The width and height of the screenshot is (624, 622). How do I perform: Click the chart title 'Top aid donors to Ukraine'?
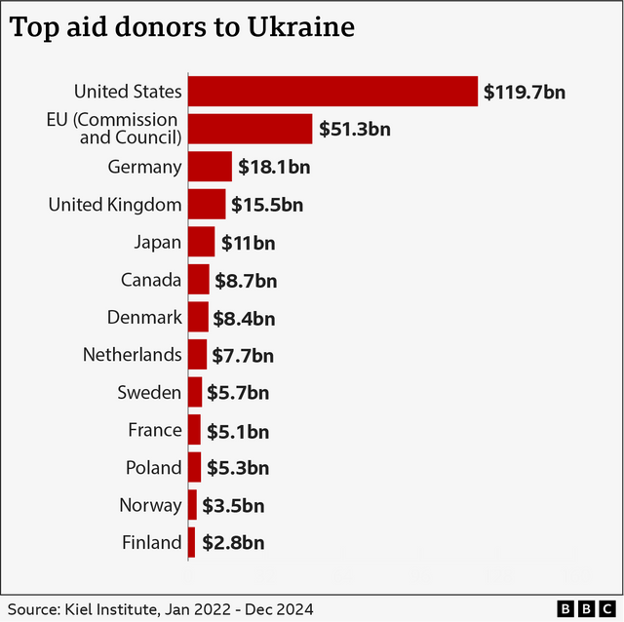(181, 27)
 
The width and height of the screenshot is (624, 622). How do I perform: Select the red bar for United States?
(332, 92)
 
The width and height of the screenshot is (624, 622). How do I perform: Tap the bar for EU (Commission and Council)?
(250, 129)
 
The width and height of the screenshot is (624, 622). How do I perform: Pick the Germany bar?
(210, 167)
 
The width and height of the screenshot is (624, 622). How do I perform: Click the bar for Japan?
(201, 242)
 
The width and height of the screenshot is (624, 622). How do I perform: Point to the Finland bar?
(192, 542)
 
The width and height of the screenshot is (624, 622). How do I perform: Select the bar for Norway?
(193, 505)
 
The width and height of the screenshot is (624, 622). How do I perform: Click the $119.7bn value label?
(525, 93)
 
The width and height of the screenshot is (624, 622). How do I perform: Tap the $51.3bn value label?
(354, 130)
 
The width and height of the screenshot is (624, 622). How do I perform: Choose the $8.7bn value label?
(246, 281)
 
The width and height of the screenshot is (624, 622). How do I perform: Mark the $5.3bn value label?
(237, 468)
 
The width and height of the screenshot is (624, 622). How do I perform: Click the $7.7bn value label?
(243, 355)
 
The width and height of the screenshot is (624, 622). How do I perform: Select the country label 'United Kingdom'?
(115, 205)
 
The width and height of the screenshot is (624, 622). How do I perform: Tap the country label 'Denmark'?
(144, 317)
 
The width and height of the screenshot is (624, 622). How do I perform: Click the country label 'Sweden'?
(149, 393)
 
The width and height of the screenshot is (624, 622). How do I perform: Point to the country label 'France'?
(154, 430)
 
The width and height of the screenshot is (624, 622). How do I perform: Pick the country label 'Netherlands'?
(132, 355)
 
